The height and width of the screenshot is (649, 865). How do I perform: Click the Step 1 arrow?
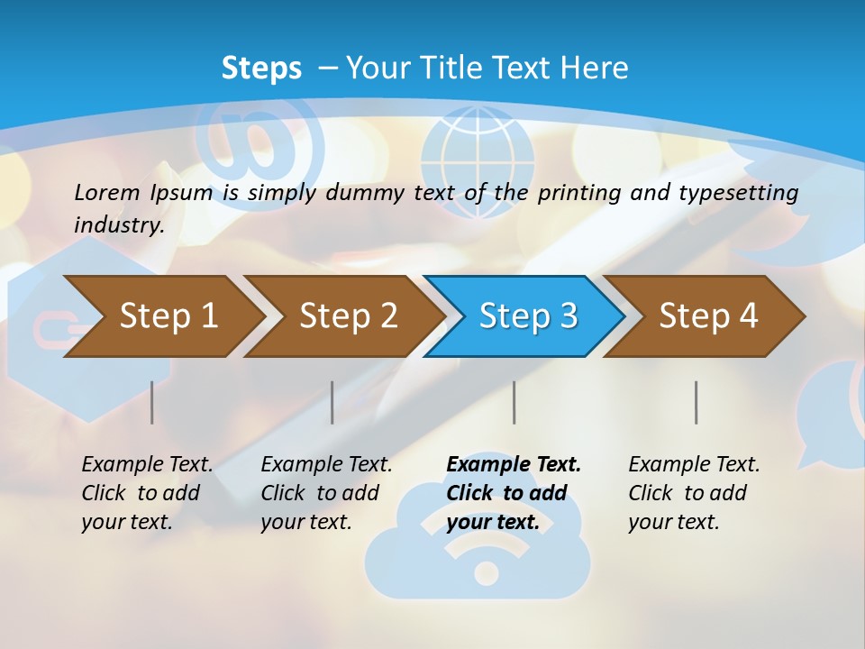coord(162,316)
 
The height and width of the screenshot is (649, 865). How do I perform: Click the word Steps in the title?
coord(261,69)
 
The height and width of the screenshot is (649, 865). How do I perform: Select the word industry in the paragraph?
coord(118,224)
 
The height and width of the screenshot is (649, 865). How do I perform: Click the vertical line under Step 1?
coord(152,402)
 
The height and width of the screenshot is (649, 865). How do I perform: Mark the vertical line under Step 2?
coord(332,402)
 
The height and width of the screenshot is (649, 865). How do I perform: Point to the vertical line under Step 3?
coord(514,402)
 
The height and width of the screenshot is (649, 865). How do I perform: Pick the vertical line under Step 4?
coord(697,402)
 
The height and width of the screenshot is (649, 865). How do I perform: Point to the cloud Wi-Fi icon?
coord(478,541)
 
